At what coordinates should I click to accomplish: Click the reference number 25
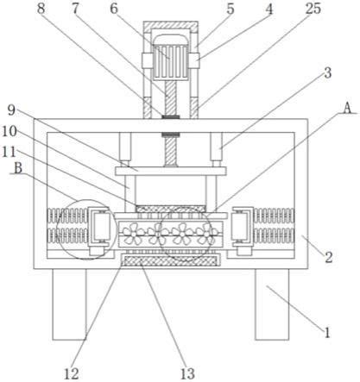[313, 9]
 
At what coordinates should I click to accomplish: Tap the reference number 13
[187, 373]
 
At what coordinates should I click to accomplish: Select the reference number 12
[71, 373]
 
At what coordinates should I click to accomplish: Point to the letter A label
[348, 109]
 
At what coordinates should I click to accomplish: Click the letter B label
[18, 168]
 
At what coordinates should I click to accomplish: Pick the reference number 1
[326, 333]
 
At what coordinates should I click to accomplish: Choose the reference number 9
[11, 110]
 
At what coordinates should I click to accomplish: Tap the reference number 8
[41, 9]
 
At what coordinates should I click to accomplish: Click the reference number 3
[328, 73]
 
